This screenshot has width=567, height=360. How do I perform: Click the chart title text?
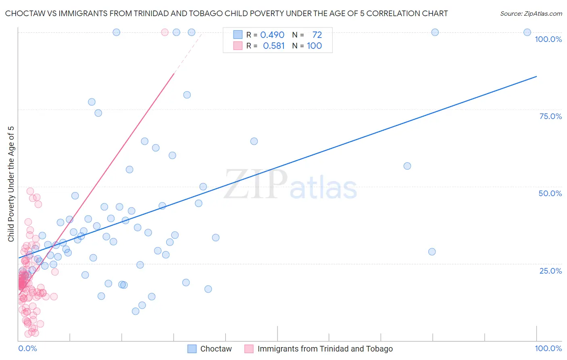coord(226,14)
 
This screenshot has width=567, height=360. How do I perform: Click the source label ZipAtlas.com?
coord(531,14)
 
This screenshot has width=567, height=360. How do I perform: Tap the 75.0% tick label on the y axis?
coord(550,116)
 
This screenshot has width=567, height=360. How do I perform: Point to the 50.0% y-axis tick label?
coord(550,193)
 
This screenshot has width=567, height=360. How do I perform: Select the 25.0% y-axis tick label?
coord(550,271)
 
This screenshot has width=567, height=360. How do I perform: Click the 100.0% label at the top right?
coord(548,39)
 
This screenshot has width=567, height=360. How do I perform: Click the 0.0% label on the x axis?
coord(27,348)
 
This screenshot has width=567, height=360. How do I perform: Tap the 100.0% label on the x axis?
coord(548,348)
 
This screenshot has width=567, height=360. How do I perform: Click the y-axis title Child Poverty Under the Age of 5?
coord(11,184)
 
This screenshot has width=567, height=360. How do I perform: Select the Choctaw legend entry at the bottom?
coord(216,349)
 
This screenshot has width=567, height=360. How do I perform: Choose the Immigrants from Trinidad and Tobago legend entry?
coord(325,349)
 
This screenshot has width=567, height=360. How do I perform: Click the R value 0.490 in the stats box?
coord(272,35)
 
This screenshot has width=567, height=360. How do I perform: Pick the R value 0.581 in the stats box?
coord(274,46)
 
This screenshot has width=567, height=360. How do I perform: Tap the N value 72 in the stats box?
coord(317,35)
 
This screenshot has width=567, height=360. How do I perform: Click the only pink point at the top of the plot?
coord(165,32)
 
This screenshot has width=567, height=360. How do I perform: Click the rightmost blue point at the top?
coord(527,32)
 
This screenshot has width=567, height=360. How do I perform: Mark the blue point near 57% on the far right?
coord(407,166)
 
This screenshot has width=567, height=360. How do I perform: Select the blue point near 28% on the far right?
coord(432,251)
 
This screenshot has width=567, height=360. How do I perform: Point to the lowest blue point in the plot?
coord(135,311)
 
